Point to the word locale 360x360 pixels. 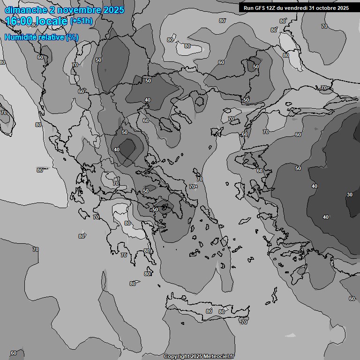[x=53, y=21]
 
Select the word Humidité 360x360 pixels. [x=20, y=37]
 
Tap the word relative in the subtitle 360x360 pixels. [x=50, y=37]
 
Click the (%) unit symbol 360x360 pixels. [x=72, y=37]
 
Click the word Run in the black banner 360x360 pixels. [x=248, y=8]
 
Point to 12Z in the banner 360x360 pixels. [x=271, y=8]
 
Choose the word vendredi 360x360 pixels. [x=298, y=8]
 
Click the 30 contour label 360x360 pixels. [x=349, y=195]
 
